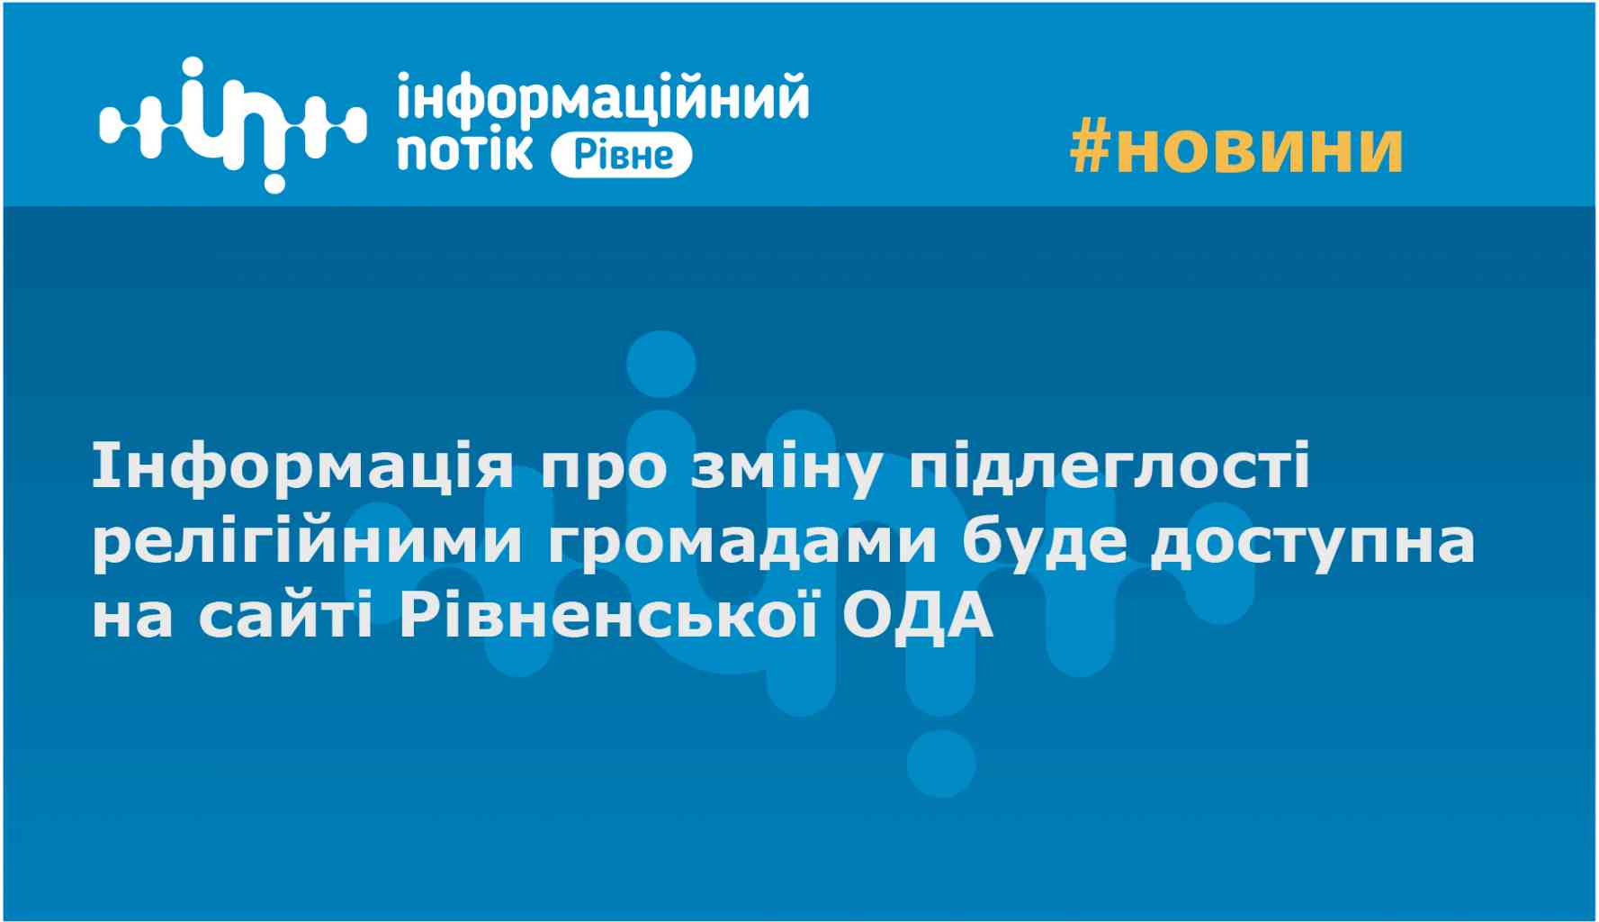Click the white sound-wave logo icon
click(233, 124)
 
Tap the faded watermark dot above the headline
click(660, 365)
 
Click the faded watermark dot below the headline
click(941, 764)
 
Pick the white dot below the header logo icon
click(274, 180)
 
